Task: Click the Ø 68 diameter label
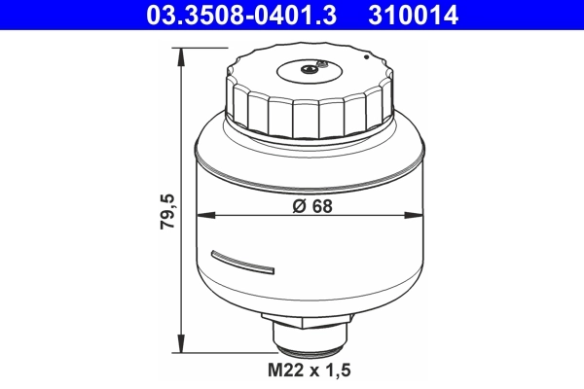tap(310, 205)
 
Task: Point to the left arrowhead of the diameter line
tap(201, 215)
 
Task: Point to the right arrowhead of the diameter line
tap(420, 215)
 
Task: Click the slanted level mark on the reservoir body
tap(242, 261)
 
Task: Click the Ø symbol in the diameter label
tap(297, 205)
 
